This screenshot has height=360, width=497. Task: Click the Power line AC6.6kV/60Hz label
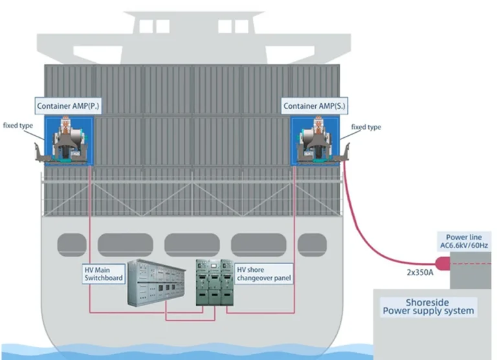(x=462, y=242)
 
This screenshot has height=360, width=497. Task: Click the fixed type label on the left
(x=19, y=125)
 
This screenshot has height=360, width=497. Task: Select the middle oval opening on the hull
(x=192, y=245)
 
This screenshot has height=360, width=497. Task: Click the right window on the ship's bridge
(x=228, y=27)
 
